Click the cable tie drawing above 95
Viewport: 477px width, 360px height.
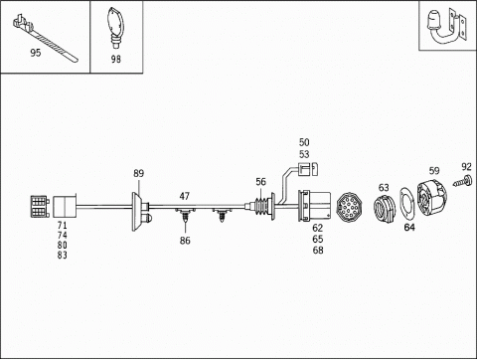(x=43, y=38)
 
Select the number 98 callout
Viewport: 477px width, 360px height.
(x=116, y=59)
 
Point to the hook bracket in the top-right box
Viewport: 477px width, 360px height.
(x=447, y=27)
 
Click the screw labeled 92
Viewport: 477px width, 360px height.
(x=463, y=180)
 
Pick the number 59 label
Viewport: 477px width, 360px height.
(x=434, y=171)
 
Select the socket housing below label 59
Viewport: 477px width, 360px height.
(x=431, y=199)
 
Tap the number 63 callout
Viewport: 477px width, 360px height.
(x=384, y=188)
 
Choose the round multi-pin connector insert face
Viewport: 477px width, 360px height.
(x=349, y=207)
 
